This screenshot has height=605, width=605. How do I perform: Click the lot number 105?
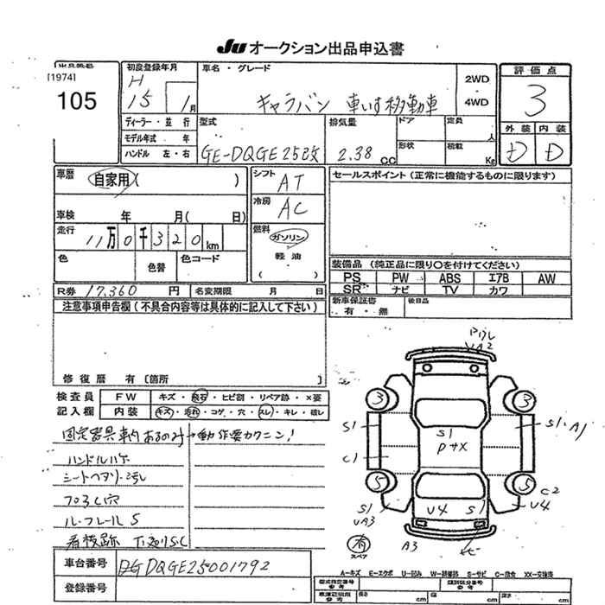(x=75, y=101)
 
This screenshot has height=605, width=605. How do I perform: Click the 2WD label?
(x=476, y=80)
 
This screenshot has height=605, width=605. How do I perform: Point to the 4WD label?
(x=476, y=102)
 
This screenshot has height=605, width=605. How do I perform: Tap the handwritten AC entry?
(x=292, y=208)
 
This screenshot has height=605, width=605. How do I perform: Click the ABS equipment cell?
(x=449, y=278)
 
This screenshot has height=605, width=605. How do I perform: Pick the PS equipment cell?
(x=352, y=278)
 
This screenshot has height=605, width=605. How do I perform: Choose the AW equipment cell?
(x=546, y=278)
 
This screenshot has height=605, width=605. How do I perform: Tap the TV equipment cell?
(x=449, y=290)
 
